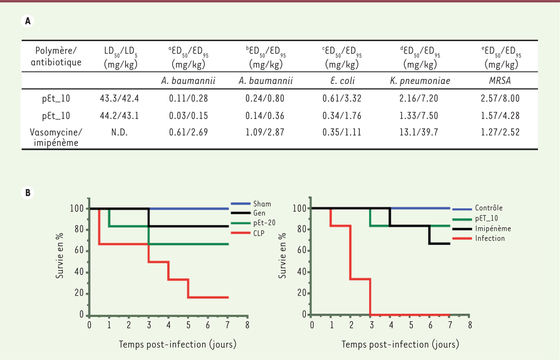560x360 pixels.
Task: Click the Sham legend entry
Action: pos(262,204)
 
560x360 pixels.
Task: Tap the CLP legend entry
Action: pos(260,234)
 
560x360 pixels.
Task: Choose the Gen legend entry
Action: pos(259,214)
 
